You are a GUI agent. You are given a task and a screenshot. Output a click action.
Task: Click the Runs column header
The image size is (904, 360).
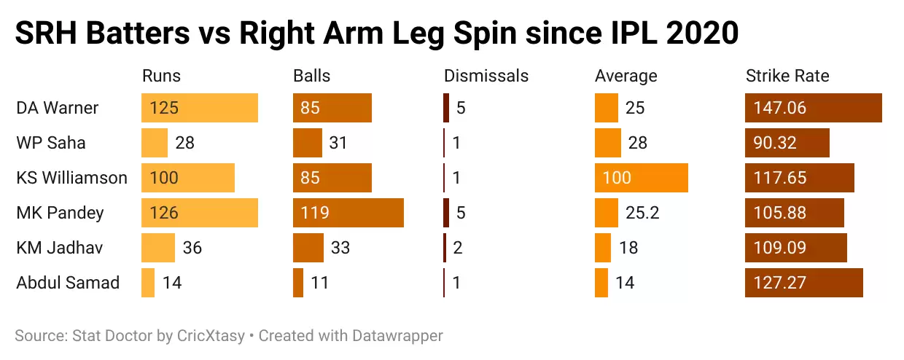[x=161, y=76]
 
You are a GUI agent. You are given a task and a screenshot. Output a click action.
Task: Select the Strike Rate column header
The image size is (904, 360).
[x=787, y=76]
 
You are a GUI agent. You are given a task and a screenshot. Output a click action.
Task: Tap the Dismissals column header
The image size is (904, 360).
[x=486, y=76]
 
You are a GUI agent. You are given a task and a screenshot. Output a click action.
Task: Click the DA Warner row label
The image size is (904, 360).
[x=58, y=108]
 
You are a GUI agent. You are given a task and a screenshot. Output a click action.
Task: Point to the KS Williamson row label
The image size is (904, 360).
[x=71, y=178]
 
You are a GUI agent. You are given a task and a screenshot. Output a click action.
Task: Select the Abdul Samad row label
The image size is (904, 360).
[x=68, y=283]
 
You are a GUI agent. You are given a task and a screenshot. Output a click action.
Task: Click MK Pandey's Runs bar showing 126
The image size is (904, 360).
[x=200, y=213]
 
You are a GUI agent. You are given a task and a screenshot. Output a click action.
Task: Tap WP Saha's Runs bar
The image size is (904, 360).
[x=155, y=143]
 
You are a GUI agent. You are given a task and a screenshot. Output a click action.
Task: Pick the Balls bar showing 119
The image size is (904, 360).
[x=348, y=213]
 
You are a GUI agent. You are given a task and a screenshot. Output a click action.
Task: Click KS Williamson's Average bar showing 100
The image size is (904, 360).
[x=642, y=178]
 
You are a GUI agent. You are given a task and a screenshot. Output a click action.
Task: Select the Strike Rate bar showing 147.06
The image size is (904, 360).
[x=814, y=108]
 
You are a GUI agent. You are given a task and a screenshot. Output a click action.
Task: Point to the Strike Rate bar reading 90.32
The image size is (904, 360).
[x=787, y=143]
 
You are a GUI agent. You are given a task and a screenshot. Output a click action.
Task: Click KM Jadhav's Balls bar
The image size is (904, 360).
[x=308, y=248]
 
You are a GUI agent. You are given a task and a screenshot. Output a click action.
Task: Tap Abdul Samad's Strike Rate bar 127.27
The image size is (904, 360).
[x=804, y=283]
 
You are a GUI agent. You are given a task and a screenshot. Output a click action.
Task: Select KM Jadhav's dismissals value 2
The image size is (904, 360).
[x=458, y=248]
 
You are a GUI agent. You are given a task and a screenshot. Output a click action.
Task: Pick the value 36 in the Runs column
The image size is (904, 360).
[x=192, y=248]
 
